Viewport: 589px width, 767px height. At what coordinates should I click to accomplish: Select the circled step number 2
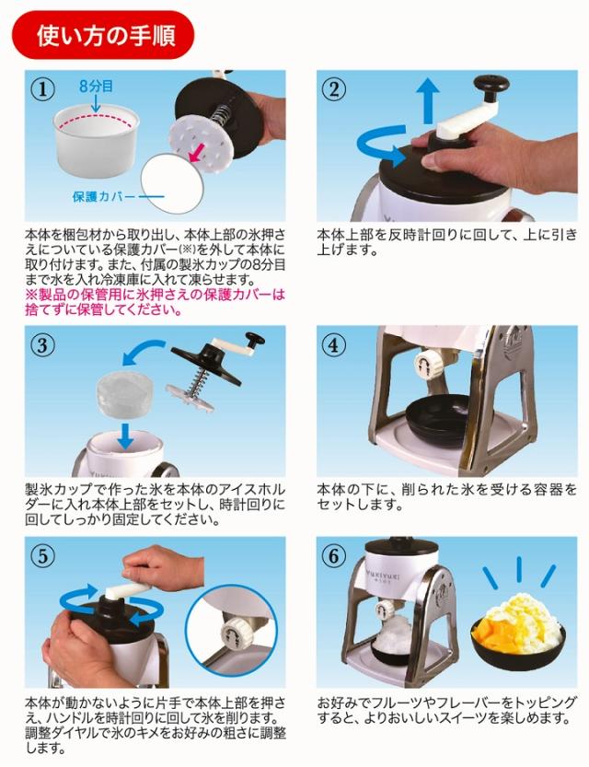click(x=333, y=90)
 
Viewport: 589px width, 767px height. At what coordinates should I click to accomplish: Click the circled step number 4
click(x=333, y=346)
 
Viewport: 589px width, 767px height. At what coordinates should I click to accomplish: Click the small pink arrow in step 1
click(x=194, y=152)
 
